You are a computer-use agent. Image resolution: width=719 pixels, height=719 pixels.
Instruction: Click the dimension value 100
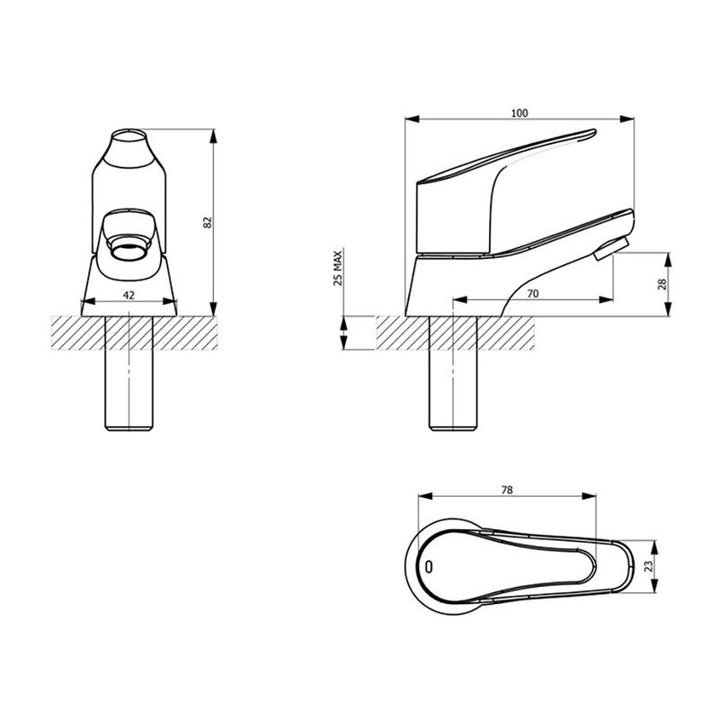click(x=519, y=113)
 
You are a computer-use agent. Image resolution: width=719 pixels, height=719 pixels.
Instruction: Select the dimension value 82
click(x=208, y=221)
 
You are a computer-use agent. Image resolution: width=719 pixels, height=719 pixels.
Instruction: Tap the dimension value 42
click(x=129, y=294)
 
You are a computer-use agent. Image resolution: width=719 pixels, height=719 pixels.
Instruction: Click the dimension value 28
click(x=661, y=284)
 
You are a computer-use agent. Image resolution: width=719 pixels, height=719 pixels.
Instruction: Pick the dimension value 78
click(x=507, y=490)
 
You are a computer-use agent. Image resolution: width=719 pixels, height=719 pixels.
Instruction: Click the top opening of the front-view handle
click(x=129, y=143)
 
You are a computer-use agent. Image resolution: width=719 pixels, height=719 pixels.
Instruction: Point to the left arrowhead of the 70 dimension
click(x=454, y=300)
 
